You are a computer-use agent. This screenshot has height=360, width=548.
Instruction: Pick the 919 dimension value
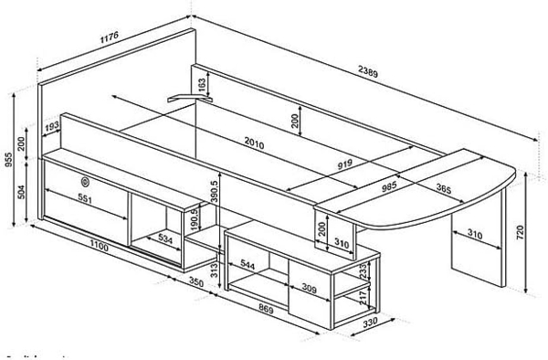(346, 165)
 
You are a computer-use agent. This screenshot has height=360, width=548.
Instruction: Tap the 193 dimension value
(52, 124)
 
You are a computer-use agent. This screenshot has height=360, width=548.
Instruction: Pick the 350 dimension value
(195, 283)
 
